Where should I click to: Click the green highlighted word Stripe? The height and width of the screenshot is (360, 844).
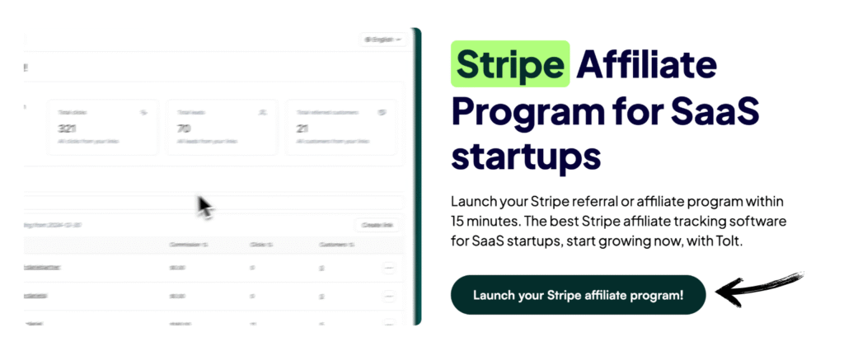(x=510, y=64)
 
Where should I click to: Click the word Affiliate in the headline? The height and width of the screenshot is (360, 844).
(x=648, y=64)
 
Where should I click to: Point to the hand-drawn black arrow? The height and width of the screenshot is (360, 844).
(x=757, y=288)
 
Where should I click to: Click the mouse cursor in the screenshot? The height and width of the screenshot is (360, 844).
(x=204, y=206)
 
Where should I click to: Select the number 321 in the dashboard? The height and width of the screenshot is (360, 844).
(x=68, y=129)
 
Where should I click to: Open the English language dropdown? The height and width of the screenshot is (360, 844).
(x=383, y=39)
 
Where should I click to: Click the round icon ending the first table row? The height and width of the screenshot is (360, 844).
(x=389, y=268)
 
